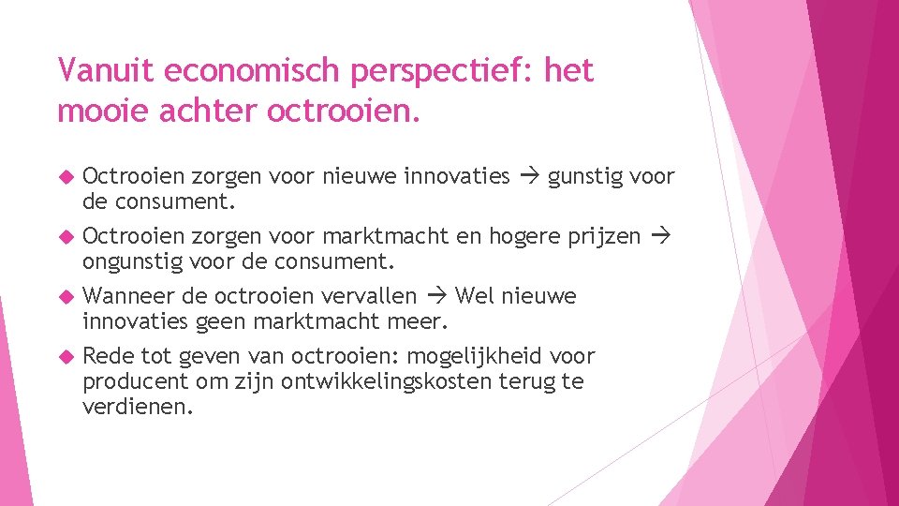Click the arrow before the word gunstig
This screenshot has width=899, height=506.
tap(529, 176)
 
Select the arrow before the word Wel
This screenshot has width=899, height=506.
tap(436, 296)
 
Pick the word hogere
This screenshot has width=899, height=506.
tap(527, 236)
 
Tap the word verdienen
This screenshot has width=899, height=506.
tap(137, 408)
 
